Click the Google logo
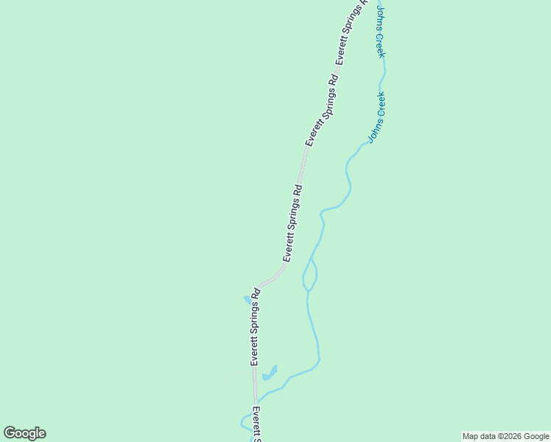point(24,433)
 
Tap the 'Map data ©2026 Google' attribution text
point(505,436)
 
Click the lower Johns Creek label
point(377,116)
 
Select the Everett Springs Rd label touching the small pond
point(255,326)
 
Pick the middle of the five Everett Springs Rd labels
point(293,222)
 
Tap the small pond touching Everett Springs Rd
point(248,299)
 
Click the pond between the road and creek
point(269,373)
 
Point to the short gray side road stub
point(242,372)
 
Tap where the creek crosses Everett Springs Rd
point(256,402)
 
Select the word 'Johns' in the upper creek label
point(381,16)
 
